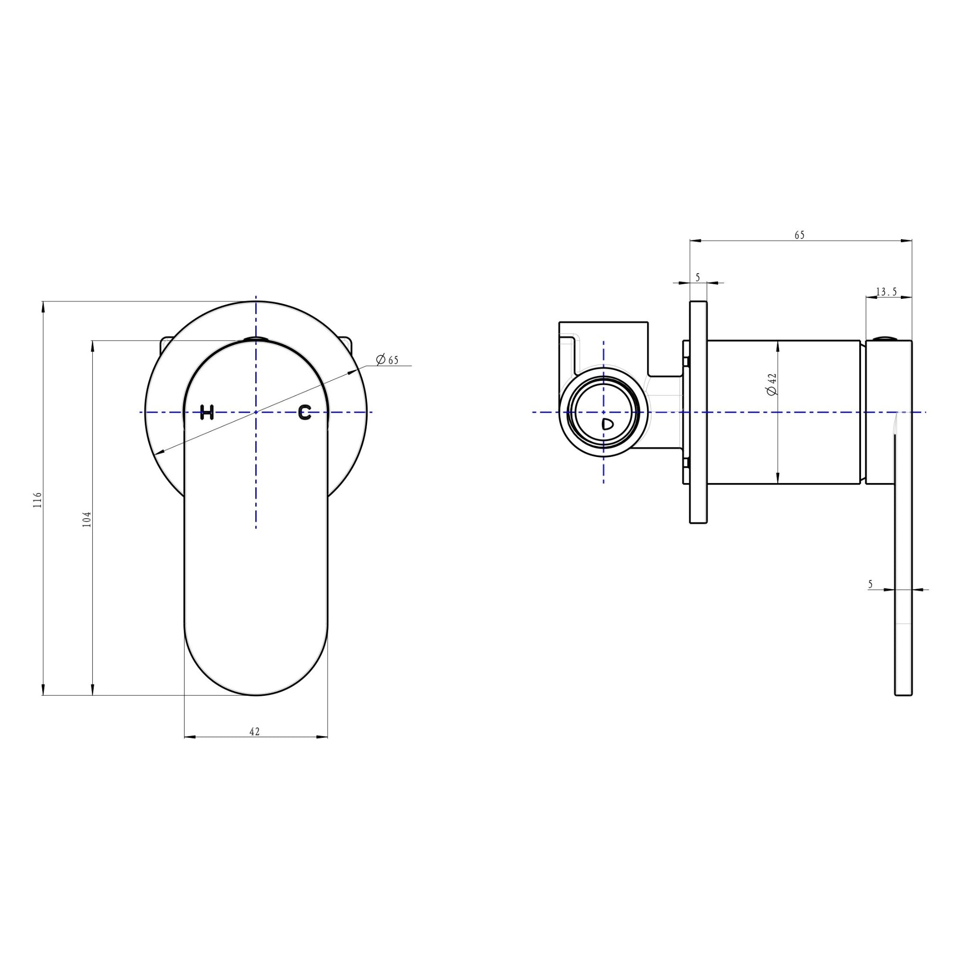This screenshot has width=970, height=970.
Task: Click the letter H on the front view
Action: pos(207,412)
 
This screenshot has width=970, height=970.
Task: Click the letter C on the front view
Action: pos(305,412)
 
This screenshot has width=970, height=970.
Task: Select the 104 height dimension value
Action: pos(87,519)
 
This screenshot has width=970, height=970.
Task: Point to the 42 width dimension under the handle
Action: pos(254,731)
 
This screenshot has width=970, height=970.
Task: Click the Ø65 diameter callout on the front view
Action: pos(387,359)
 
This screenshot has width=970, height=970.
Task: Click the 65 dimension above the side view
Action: pos(799,235)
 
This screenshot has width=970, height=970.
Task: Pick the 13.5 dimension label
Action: pos(886,292)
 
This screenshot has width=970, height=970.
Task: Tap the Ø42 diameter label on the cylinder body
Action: pos(772,384)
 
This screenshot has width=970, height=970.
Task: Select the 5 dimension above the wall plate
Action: pos(698,277)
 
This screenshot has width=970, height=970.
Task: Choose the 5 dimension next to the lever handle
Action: pos(870,584)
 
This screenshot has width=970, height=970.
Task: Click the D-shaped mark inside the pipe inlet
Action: pos(607,424)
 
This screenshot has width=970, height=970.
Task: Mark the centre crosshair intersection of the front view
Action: pos(256,412)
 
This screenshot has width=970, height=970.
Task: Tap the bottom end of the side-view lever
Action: pos(903,694)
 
